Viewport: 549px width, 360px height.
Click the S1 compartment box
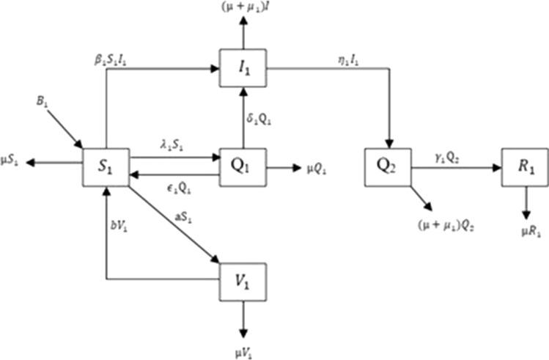point(107,166)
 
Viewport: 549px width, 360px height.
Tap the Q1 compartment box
point(243,166)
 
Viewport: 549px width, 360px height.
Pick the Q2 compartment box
point(387,166)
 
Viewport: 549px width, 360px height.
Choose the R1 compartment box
point(523,166)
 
